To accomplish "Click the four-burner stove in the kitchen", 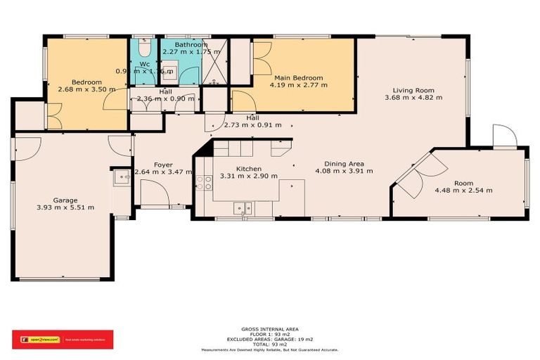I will click(204, 183).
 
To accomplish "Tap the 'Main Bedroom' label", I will click(298, 77).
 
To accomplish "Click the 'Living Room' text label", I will click(413, 90).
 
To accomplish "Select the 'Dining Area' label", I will click(339, 163).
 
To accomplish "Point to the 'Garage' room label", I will click(65, 200).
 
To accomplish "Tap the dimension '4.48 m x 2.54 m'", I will click(463, 191).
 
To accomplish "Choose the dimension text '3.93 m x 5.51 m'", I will click(65, 207).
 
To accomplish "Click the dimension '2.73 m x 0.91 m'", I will click(252, 125).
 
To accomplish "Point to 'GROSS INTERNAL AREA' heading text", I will click(270, 328).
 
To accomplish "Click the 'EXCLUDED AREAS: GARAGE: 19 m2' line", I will click(270, 340).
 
